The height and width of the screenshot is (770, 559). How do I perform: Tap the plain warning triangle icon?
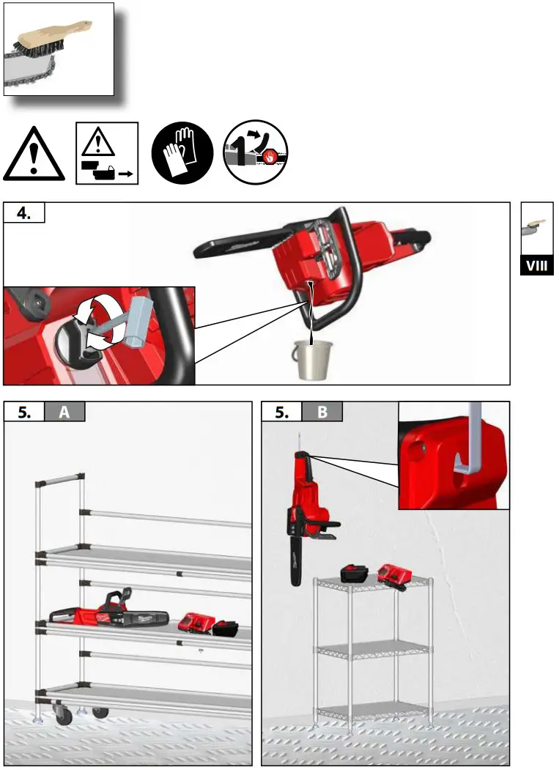(x=33, y=155)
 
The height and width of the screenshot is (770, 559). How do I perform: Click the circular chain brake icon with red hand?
(x=255, y=152)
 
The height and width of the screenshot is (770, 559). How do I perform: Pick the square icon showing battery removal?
(x=106, y=153)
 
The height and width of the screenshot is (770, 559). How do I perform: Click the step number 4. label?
(x=24, y=212)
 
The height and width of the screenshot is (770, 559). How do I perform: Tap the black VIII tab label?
(x=536, y=265)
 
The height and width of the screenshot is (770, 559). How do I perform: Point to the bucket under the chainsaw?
(x=313, y=360)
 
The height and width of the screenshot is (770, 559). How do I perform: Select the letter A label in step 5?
(x=64, y=412)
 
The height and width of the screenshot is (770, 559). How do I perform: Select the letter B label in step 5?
(x=322, y=412)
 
